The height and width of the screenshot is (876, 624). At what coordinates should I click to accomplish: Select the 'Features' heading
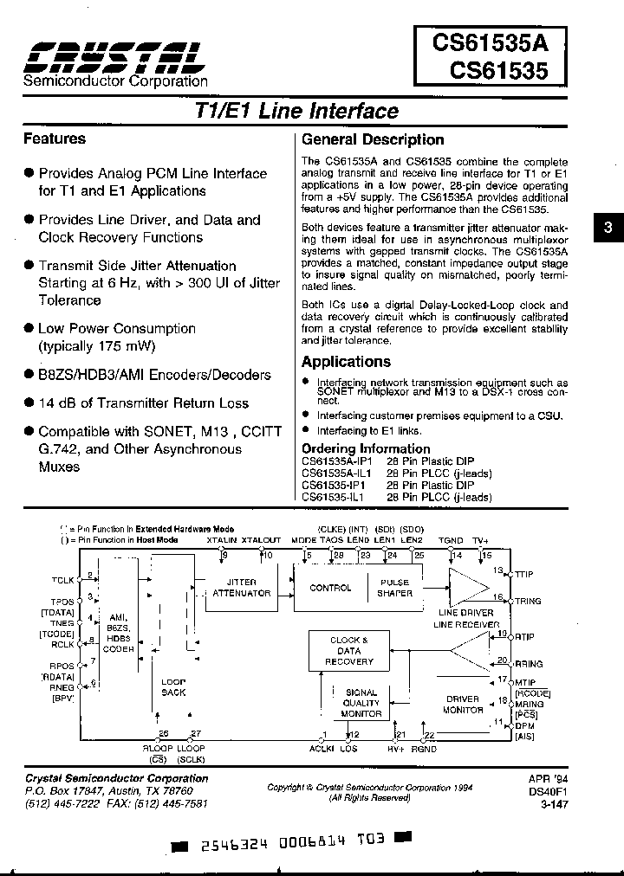coord(54,138)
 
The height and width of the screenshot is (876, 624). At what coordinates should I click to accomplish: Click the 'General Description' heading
coord(372,139)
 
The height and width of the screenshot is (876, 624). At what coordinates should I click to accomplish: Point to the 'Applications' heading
coord(346,362)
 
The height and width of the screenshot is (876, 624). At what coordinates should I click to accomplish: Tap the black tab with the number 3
coord(608,228)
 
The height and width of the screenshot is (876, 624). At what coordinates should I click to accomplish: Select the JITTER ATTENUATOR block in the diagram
coord(241,588)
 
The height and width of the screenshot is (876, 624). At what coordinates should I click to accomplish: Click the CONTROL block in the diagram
coord(330,588)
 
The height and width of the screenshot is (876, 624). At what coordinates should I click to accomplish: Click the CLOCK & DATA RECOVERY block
coord(348,651)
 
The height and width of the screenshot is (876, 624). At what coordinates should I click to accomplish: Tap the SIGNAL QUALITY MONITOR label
coord(361,703)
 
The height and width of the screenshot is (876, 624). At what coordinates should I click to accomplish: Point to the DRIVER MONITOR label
coord(463,704)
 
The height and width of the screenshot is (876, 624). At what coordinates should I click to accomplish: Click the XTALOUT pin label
coord(261,539)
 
